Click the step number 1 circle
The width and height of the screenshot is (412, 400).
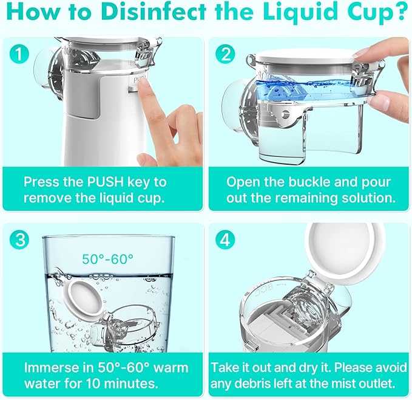point(19,54)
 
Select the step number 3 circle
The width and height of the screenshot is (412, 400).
point(19,240)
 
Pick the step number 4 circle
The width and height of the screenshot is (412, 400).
point(225,240)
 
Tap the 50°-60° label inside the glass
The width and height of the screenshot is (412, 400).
point(108,259)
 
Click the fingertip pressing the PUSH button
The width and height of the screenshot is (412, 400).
point(143,84)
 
